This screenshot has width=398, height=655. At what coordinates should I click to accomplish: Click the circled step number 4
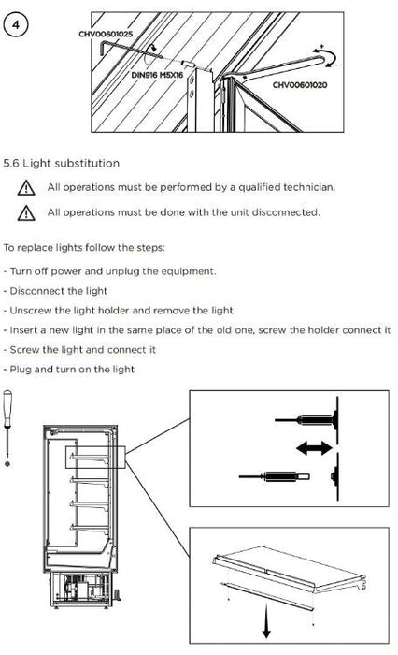click(16, 24)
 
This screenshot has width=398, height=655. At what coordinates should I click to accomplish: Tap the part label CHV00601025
click(106, 35)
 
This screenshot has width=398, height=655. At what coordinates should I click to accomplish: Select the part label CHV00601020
click(300, 85)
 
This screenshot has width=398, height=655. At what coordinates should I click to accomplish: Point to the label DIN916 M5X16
click(157, 75)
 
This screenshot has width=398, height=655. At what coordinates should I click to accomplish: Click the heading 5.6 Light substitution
click(62, 164)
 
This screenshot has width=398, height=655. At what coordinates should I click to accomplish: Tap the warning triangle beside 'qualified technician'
click(26, 188)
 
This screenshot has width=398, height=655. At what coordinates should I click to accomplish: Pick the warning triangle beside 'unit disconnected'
click(26, 213)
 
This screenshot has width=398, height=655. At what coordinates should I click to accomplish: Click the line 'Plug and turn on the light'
click(69, 370)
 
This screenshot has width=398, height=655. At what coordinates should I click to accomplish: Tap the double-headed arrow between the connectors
click(314, 448)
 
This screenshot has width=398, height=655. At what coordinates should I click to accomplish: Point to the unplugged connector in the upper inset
click(274, 476)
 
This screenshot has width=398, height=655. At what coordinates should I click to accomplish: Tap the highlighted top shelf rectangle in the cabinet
click(95, 457)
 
